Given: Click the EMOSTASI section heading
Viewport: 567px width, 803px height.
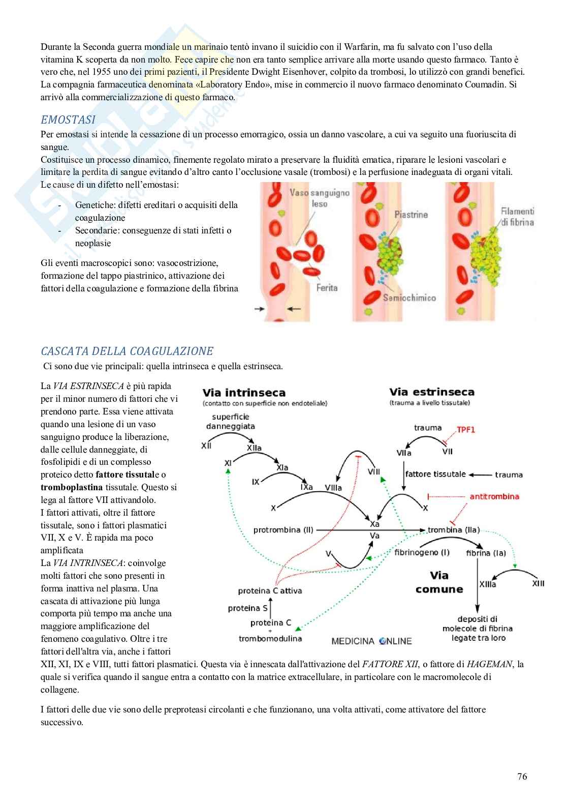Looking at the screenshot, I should point(68,120).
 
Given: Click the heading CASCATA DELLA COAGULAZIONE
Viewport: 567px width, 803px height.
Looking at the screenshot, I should point(127,351).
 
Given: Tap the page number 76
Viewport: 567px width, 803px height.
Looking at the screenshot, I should point(522,776).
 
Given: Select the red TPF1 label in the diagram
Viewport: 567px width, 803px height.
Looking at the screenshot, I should point(465,429).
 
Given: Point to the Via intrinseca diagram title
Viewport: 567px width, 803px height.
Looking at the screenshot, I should point(244,393).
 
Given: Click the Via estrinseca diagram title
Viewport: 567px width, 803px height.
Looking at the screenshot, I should point(431,392).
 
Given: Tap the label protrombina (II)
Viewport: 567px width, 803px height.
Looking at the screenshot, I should point(283,530).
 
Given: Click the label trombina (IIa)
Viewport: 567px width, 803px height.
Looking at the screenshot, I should point(453,530).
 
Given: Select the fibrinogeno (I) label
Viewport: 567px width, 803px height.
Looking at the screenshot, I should point(422,552).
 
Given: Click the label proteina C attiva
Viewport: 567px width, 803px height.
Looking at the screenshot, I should point(270,591).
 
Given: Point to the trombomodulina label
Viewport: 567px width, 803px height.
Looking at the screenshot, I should point(270,638).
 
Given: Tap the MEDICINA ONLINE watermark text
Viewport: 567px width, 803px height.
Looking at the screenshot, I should point(371,641).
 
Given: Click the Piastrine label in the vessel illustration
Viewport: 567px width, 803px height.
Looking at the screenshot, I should point(411,215).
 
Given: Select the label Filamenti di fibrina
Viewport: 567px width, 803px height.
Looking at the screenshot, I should point(517,217).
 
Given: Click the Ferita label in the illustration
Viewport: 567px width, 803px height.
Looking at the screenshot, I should point(327,288).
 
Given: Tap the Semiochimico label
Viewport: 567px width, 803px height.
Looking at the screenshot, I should point(409,298).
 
